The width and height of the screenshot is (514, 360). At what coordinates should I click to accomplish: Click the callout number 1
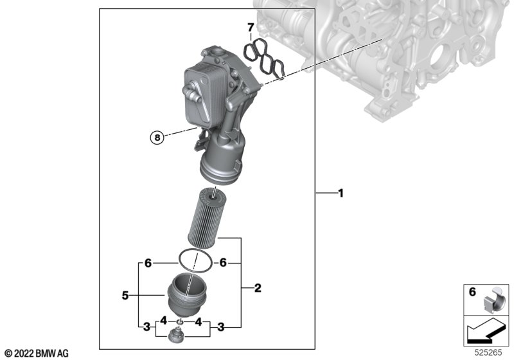point(341,194)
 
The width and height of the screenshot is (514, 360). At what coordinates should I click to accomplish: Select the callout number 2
point(258,288)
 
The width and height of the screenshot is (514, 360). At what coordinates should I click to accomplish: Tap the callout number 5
point(125,296)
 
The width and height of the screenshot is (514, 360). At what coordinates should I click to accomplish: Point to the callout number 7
point(251,27)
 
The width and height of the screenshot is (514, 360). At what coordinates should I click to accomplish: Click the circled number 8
point(157,138)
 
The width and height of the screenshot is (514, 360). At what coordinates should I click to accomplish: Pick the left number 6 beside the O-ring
point(148,263)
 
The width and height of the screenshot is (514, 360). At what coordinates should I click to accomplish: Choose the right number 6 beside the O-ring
point(223,263)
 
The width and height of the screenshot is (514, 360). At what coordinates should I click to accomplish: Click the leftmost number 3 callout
point(146,327)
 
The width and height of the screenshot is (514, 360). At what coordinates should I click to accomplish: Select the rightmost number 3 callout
point(221,327)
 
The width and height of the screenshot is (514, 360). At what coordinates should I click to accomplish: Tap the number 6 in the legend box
point(472,291)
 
